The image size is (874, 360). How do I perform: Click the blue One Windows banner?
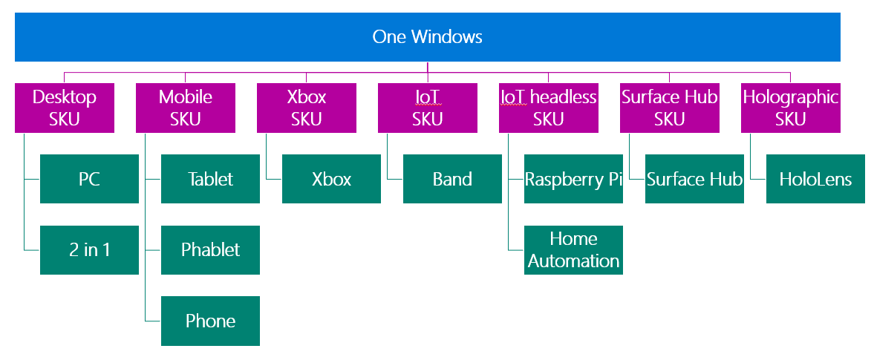pos(428,37)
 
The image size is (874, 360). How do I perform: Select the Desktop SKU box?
pos(65,108)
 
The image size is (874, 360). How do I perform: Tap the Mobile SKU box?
pos(186,108)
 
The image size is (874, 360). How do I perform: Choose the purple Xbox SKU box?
pos(307,108)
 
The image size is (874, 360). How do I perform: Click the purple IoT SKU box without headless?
pos(428,108)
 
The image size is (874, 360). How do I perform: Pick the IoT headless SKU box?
pos(549,108)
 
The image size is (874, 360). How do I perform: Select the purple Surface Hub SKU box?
pos(670,108)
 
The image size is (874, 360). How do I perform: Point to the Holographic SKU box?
pos(790,108)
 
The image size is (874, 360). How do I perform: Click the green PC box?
pos(89,179)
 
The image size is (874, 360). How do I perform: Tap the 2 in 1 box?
pos(89,249)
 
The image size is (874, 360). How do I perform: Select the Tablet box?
pos(210,179)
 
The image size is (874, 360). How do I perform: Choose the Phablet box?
pos(210,249)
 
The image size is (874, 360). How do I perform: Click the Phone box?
pos(210,321)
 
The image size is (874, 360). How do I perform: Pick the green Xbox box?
pos(331,179)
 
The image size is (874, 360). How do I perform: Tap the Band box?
pos(452,179)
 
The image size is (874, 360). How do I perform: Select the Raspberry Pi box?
pos(573,179)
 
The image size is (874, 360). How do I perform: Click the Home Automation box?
pos(573,249)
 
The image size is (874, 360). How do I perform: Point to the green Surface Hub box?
pos(694,179)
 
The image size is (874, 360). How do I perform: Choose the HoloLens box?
pos(815,179)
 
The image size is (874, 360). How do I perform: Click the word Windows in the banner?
pos(446,37)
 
